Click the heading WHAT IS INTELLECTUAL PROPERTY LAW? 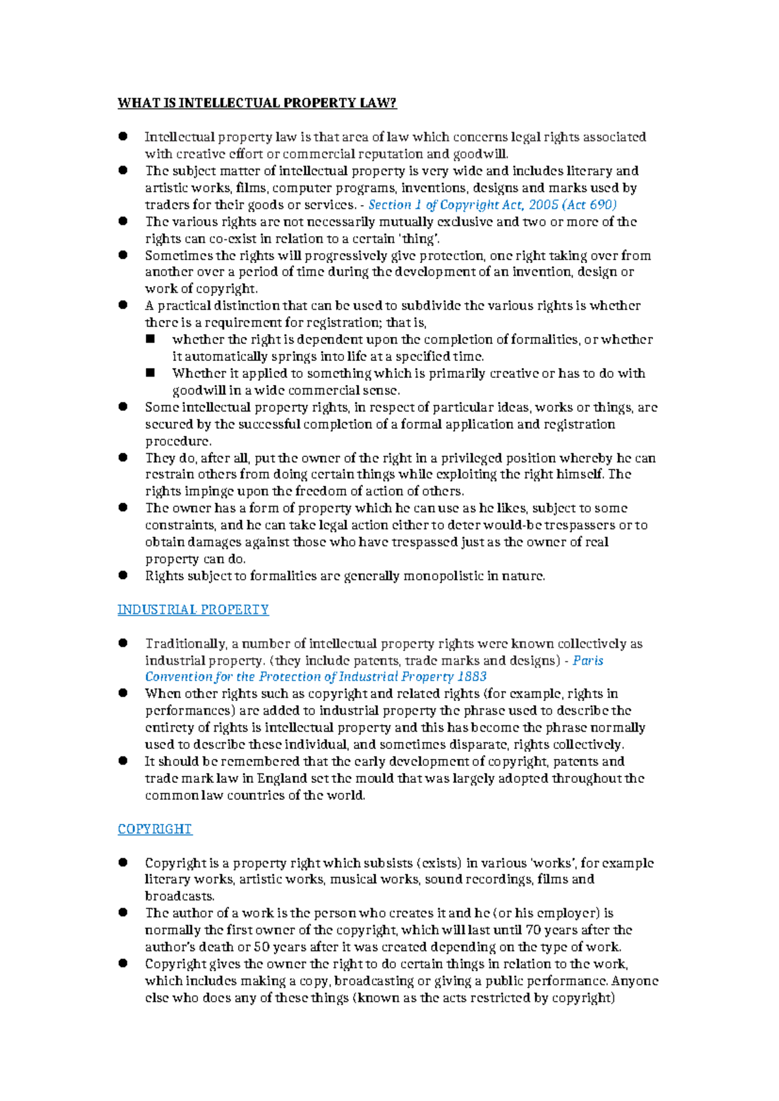(x=256, y=103)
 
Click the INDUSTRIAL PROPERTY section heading (x=193, y=610)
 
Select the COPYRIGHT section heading (x=155, y=829)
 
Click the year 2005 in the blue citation (x=543, y=204)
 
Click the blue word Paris (x=587, y=660)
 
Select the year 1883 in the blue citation (x=472, y=676)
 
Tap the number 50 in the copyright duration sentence (x=263, y=946)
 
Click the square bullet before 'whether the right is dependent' (x=151, y=339)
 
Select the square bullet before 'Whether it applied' (x=151, y=373)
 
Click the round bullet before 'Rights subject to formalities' (x=123, y=575)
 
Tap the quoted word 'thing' (x=419, y=238)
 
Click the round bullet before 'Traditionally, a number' (x=123, y=643)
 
